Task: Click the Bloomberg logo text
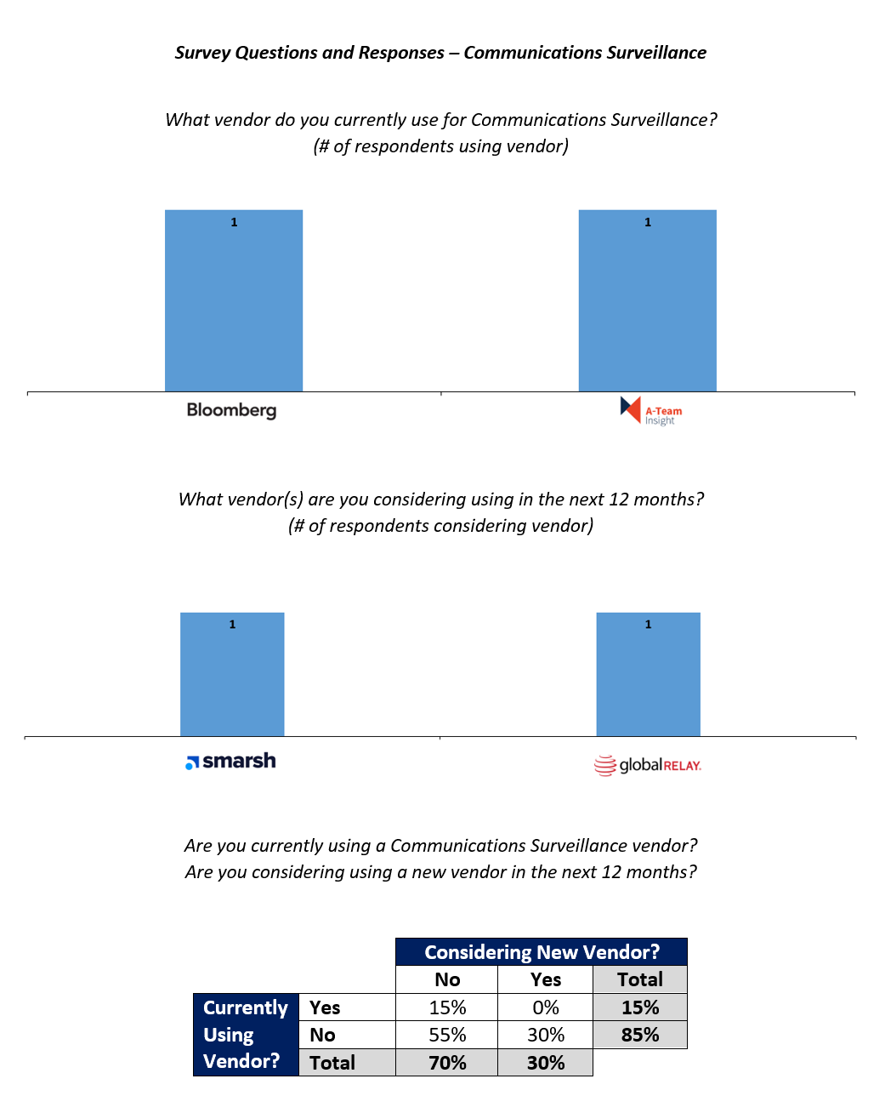tap(231, 410)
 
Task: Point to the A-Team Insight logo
tap(650, 411)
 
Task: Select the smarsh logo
tap(230, 761)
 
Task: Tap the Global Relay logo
tap(647, 765)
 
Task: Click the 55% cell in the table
tap(447, 1035)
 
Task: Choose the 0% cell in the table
tap(545, 1007)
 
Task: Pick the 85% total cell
tap(639, 1035)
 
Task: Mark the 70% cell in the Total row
tap(447, 1063)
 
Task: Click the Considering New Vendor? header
tap(542, 952)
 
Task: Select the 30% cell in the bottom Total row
tap(545, 1063)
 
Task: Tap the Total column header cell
tap(639, 979)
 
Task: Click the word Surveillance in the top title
tap(656, 53)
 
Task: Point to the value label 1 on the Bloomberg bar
tap(234, 222)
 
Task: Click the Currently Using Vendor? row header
tap(246, 1035)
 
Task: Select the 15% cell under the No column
tap(447, 1007)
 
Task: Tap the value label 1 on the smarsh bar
tap(232, 625)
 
